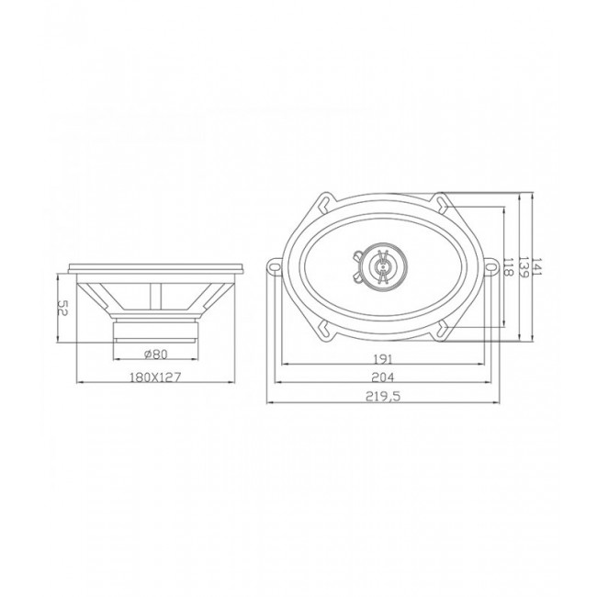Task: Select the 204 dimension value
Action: click(x=384, y=377)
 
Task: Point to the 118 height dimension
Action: click(x=509, y=268)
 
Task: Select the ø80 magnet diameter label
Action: click(x=154, y=354)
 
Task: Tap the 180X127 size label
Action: click(x=155, y=376)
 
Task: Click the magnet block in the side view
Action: click(x=154, y=329)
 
